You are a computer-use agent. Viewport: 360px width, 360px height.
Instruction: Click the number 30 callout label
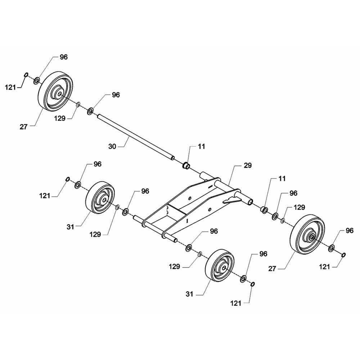click(x=112, y=146)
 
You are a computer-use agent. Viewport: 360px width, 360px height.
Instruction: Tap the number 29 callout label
click(x=248, y=165)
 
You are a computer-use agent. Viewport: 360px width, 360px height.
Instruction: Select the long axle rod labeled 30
click(x=136, y=138)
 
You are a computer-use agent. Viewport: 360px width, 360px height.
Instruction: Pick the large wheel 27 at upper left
click(x=56, y=91)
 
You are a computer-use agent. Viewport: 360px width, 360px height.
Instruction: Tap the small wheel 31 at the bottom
click(x=220, y=265)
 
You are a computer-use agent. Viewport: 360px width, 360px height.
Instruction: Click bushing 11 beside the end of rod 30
click(x=186, y=166)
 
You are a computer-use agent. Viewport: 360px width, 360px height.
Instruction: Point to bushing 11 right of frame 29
click(x=264, y=210)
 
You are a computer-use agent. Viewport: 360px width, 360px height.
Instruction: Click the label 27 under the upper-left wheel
click(x=23, y=126)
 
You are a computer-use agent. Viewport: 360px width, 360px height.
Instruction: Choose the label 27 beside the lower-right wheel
click(x=272, y=269)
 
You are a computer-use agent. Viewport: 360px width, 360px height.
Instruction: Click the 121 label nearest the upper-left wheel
click(x=10, y=87)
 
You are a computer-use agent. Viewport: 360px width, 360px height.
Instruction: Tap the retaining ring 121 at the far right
click(x=344, y=255)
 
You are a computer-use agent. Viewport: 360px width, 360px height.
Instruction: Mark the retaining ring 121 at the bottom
click(x=252, y=284)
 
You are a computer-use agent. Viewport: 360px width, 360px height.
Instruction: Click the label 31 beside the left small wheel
click(x=70, y=227)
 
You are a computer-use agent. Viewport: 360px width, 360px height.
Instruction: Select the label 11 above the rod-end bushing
click(x=201, y=146)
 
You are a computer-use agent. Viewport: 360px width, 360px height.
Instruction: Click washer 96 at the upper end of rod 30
click(x=90, y=112)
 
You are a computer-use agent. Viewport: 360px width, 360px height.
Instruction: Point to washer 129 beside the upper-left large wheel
click(x=78, y=105)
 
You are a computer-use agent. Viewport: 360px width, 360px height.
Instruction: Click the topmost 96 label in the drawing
click(x=64, y=57)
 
